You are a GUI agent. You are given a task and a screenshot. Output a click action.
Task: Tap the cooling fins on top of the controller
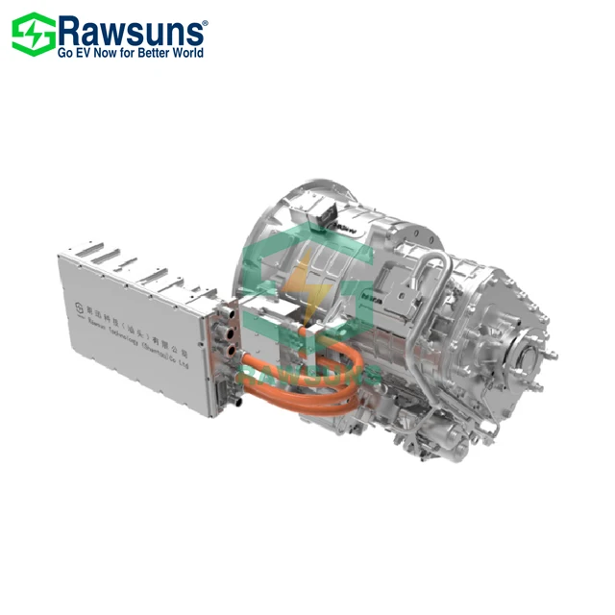click(x=125, y=263)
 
